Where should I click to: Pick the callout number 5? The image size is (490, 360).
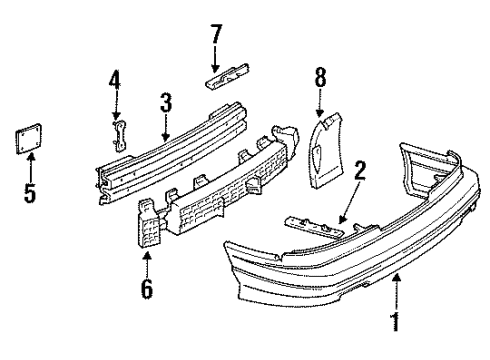click(x=30, y=191)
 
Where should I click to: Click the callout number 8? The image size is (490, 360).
click(x=320, y=76)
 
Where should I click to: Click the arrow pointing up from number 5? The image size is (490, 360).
click(x=30, y=168)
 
